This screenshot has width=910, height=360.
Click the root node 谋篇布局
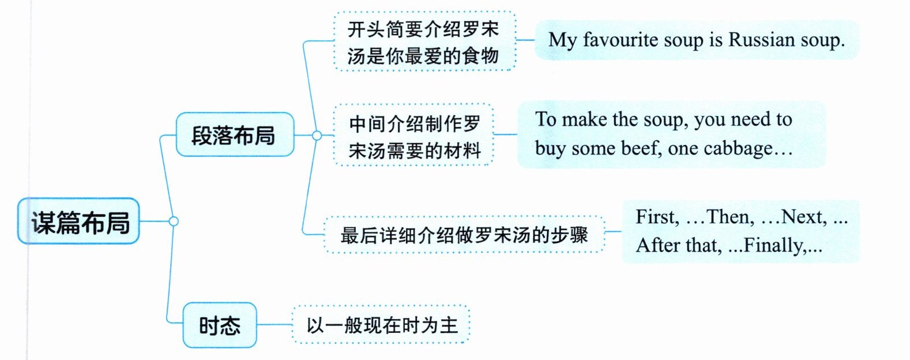coord(79,222)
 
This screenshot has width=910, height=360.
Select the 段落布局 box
coord(234,135)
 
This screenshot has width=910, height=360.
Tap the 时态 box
coord(220,325)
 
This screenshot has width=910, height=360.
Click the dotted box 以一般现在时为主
coord(381,325)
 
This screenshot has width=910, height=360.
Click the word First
coord(656,217)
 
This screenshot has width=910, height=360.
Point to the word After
coord(657,246)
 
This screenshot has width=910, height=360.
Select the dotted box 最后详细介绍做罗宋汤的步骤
coord(464,235)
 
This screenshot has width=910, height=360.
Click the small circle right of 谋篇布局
coord(173,221)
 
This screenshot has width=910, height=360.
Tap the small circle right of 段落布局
coord(317,135)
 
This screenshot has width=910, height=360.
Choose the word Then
coord(730,217)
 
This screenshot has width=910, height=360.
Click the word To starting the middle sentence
coord(546,119)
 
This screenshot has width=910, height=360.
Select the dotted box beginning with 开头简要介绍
coord(424,42)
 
